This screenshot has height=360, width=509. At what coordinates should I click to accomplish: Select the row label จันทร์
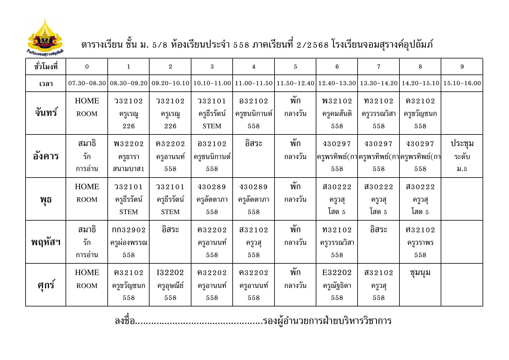(x=46, y=113)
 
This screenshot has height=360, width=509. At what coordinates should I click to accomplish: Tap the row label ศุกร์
(x=46, y=285)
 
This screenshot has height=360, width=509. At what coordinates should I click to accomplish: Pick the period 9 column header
(x=462, y=66)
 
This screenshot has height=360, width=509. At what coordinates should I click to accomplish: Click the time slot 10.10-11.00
(x=212, y=83)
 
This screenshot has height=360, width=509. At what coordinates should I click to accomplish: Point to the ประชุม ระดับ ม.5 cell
(x=462, y=156)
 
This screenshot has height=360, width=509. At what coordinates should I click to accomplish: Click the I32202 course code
(x=170, y=273)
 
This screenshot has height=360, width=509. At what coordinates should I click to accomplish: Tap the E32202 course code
(x=337, y=273)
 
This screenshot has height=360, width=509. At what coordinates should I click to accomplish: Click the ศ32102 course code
(x=420, y=230)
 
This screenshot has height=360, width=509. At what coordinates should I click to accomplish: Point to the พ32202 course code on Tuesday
(x=129, y=144)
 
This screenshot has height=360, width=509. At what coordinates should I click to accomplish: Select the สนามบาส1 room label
(x=129, y=169)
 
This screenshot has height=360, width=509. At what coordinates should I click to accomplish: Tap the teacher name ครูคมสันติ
(x=337, y=114)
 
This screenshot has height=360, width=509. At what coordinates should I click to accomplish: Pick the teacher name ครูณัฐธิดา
(x=337, y=286)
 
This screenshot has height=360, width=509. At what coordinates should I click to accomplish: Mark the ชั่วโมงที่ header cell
(x=46, y=66)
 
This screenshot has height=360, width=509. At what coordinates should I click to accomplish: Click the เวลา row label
(x=46, y=83)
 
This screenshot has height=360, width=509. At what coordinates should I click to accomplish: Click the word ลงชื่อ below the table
(x=125, y=321)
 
